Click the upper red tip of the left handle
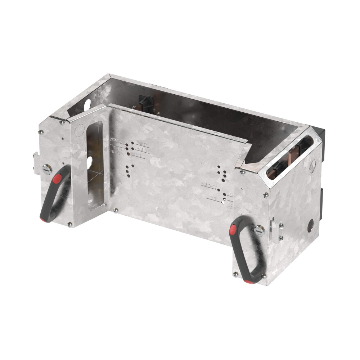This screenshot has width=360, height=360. click(x=57, y=179)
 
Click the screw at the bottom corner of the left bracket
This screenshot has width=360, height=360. click(x=70, y=224)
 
